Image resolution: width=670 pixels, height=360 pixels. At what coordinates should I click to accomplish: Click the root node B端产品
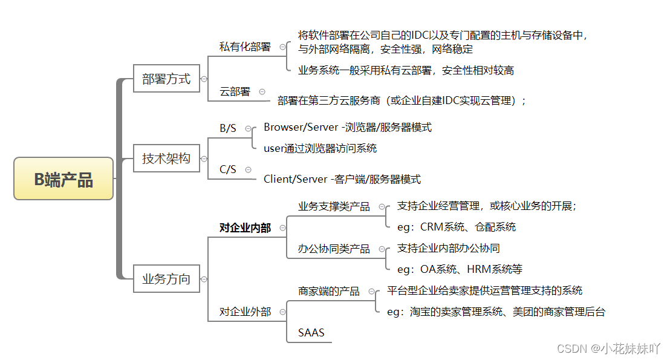click(x=63, y=178)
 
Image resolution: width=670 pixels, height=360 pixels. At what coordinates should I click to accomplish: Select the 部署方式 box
click(x=166, y=79)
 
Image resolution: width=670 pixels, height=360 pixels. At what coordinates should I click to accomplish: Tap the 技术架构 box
click(x=166, y=159)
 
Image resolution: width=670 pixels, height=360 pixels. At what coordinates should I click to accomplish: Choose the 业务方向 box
click(x=166, y=279)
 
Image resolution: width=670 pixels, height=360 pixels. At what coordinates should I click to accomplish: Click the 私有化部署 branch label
click(x=245, y=47)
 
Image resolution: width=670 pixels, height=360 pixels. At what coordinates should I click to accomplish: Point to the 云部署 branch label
click(x=235, y=91)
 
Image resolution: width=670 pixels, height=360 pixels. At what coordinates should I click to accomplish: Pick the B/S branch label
click(x=228, y=128)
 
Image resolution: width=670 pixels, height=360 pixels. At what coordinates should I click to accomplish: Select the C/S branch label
click(x=228, y=169)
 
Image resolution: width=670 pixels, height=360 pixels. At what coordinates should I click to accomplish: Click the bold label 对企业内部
click(x=245, y=227)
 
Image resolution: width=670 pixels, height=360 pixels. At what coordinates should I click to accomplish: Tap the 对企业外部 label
click(x=245, y=312)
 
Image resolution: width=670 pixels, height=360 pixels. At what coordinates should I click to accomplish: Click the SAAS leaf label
click(x=311, y=333)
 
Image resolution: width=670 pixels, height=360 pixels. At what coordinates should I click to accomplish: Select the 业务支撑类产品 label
click(x=334, y=206)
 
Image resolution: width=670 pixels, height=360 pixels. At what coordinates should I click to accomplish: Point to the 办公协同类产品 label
click(x=334, y=249)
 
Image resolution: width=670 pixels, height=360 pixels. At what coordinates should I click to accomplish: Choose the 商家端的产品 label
click(x=328, y=291)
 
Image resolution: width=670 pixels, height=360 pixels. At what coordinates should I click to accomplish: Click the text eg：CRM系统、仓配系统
click(x=457, y=227)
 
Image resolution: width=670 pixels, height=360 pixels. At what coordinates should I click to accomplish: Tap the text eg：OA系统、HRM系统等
click(x=460, y=269)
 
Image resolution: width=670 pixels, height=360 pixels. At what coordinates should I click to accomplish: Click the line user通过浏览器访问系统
click(x=320, y=148)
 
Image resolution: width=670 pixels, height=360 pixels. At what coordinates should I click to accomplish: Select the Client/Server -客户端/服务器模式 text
click(x=342, y=179)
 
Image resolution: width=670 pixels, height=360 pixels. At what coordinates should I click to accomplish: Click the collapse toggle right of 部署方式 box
click(x=204, y=79)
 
